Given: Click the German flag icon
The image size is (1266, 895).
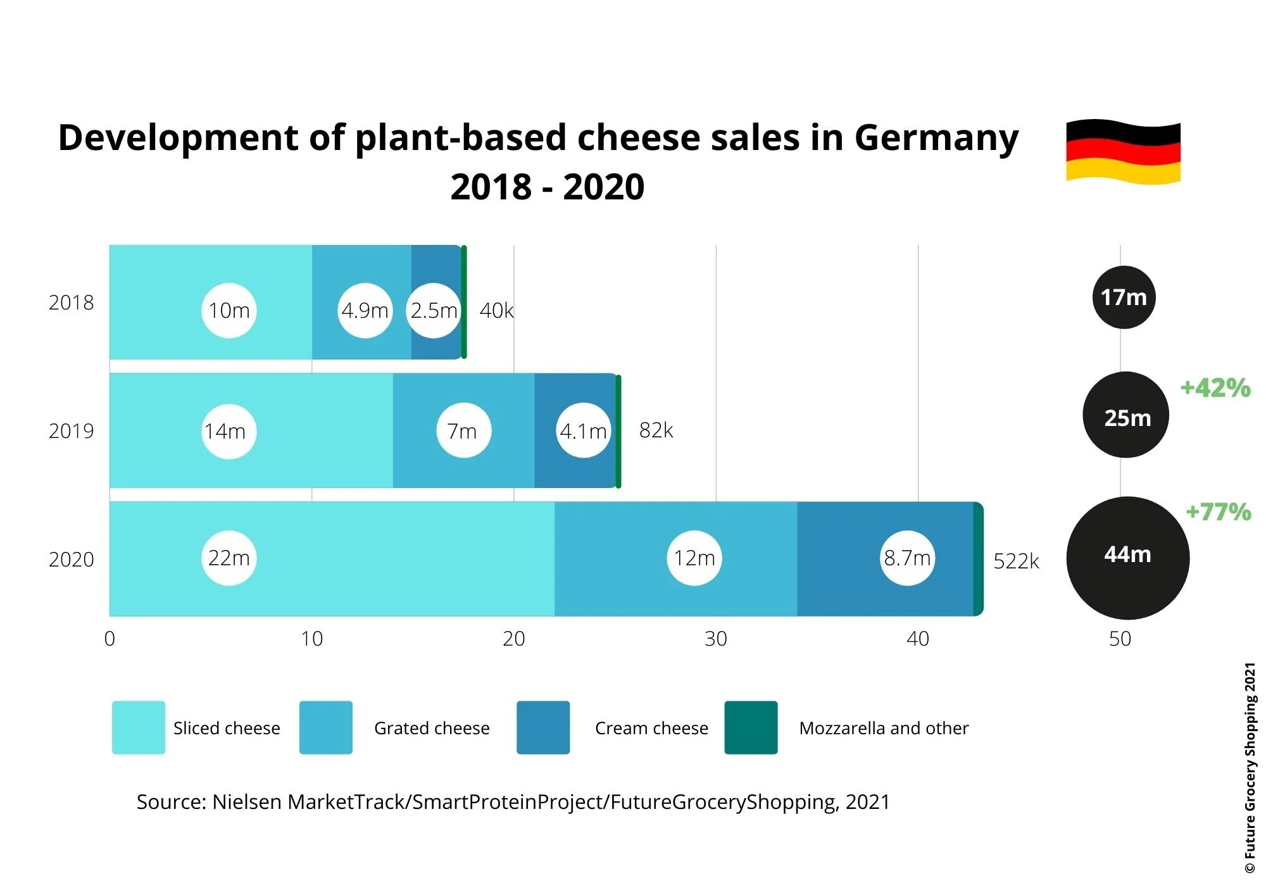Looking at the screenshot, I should pos(1123,151).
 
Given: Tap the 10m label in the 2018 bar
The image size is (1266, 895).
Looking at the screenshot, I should pos(229,310).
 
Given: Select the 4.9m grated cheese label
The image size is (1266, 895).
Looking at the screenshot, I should pos(365,310).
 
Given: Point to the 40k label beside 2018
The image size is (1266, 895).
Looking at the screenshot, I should pos(496,310).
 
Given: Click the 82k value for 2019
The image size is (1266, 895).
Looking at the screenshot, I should pos(656,430).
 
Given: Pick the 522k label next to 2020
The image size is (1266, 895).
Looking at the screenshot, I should pos(1016,561).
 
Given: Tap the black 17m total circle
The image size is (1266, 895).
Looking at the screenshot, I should pos(1124,297).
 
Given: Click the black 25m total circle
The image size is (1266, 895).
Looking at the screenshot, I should pos(1126,415).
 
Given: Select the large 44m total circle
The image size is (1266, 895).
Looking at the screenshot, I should pos(1127,558).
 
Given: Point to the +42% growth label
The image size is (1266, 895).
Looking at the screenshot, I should pos(1215,387).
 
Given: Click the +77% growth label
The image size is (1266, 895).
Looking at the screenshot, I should pos(1218,511).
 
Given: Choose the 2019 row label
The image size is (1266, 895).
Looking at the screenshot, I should pos(71,431).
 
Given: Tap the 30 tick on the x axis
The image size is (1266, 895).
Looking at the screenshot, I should pos(716,639).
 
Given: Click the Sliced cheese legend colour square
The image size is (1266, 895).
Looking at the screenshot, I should pos(139,727).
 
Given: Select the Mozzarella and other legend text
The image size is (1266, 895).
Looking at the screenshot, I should pos(884,728).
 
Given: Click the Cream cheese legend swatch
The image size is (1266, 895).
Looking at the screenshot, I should pos(543,727).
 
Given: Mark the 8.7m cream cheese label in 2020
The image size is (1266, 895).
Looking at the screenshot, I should pos(907,558).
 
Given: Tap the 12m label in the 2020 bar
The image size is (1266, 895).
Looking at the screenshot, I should pos(694,558).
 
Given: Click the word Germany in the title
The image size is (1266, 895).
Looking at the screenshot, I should pos(936,138).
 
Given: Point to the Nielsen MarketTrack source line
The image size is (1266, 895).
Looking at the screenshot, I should pos(513,802).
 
